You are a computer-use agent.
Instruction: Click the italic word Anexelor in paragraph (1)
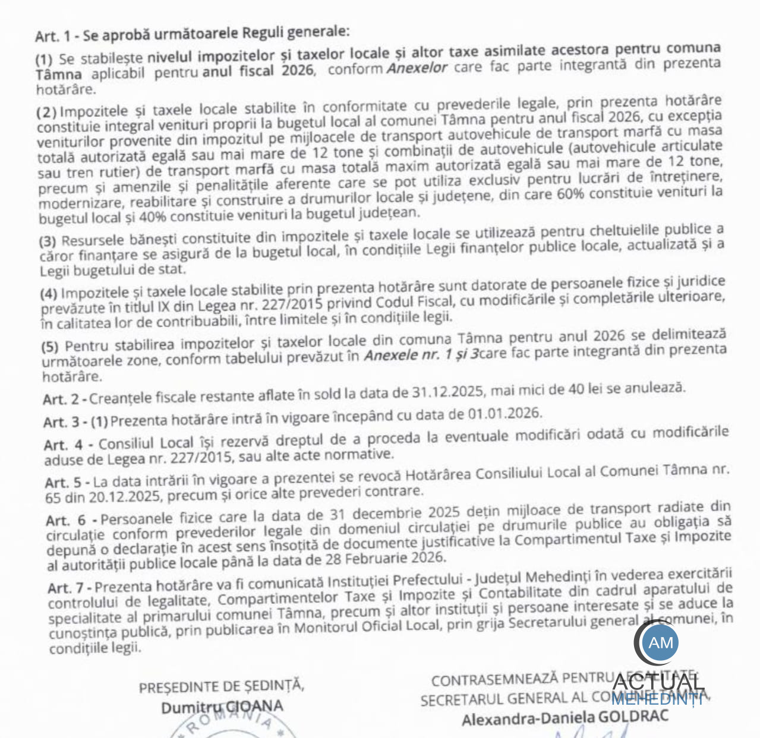(x=417, y=68)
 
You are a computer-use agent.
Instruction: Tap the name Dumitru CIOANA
(x=222, y=707)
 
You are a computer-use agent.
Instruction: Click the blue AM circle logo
(x=661, y=642)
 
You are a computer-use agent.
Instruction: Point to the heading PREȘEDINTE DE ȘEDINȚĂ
(x=222, y=687)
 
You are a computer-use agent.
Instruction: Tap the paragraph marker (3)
(x=48, y=242)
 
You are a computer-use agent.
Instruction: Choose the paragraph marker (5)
(x=50, y=347)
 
